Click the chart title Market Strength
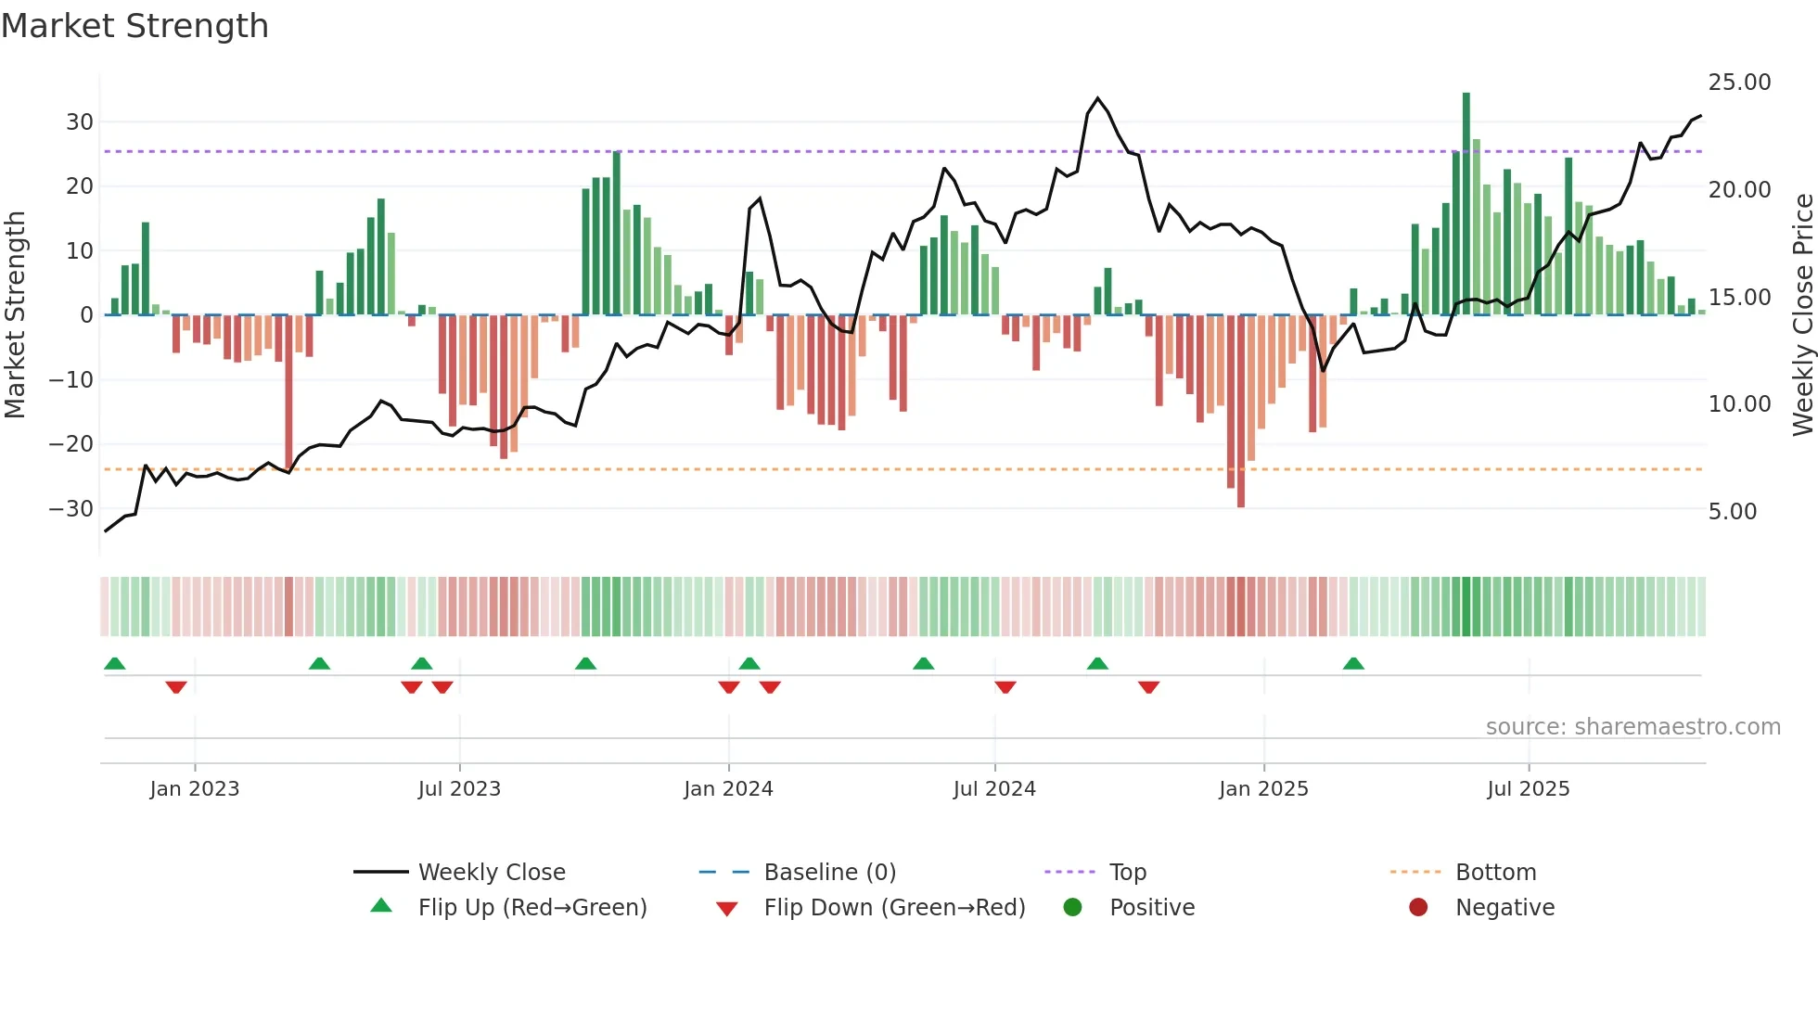coord(134,26)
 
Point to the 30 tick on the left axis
coord(79,122)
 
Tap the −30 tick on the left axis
coord(71,509)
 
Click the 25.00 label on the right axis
coord(1739,83)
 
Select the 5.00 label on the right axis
coord(1732,512)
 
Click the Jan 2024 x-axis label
coord(728,789)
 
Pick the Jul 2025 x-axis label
coord(1528,789)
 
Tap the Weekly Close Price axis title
coord(1802,314)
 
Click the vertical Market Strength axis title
coord(15,314)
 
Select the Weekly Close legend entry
coord(491,873)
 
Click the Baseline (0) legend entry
coord(829,873)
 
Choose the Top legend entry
coord(1127,873)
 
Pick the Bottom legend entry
coord(1495,873)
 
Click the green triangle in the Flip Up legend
coord(381,906)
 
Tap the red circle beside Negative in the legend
coord(1418,908)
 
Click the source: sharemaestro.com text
coord(1632,727)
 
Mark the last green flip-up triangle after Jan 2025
coord(1353,663)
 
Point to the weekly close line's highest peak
coord(1097,98)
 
